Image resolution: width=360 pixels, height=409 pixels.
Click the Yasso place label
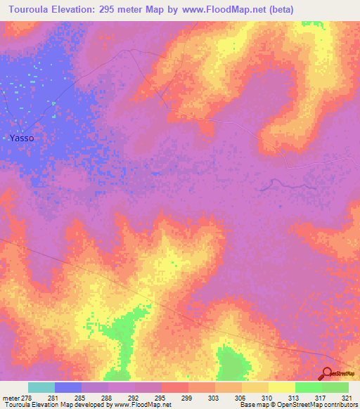[22, 138]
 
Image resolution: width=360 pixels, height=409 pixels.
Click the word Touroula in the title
[32, 10]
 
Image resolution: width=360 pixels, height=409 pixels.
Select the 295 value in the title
[117, 10]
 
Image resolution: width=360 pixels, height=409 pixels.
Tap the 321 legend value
[346, 397]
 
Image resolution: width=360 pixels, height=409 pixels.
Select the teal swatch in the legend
[41, 387]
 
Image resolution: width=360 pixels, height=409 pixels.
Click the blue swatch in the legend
[68, 387]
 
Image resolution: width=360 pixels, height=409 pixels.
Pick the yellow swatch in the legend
[282, 387]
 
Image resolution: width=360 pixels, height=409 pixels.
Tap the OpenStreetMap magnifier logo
[328, 374]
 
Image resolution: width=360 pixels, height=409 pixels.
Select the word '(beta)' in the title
[278, 10]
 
